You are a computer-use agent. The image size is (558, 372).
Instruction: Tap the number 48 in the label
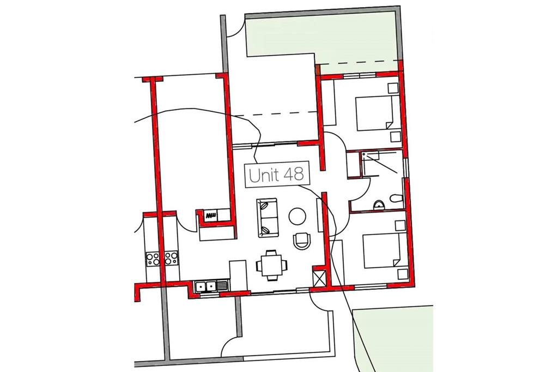click(294, 175)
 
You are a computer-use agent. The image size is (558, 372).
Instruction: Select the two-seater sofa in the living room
click(268, 217)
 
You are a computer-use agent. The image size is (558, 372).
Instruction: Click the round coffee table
click(297, 217)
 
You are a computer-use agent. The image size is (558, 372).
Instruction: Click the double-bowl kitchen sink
click(205, 286)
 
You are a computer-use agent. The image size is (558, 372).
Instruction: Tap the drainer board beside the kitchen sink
click(222, 286)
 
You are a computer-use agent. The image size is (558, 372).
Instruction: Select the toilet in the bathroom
click(396, 198)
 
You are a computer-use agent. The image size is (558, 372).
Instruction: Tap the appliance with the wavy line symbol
click(211, 215)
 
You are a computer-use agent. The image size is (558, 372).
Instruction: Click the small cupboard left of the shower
click(353, 164)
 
